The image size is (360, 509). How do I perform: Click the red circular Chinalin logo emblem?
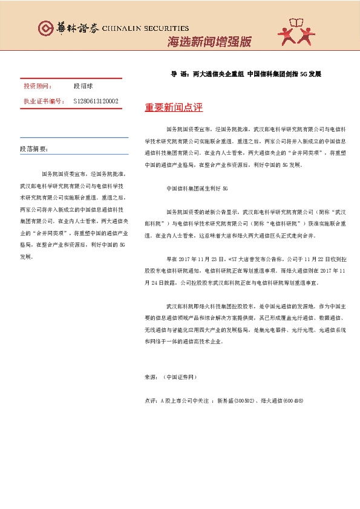point(45,28)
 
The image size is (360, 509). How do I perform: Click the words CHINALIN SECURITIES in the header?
point(145,28)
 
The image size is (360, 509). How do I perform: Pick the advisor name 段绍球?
point(83,86)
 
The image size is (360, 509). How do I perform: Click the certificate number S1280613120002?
point(96,101)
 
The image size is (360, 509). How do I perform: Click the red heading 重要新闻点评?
point(174,108)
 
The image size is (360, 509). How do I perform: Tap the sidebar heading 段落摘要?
point(34,148)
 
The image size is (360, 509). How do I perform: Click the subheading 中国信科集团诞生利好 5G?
point(196,189)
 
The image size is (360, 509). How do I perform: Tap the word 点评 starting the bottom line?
point(151,401)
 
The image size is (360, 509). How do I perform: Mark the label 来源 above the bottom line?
point(150,377)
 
